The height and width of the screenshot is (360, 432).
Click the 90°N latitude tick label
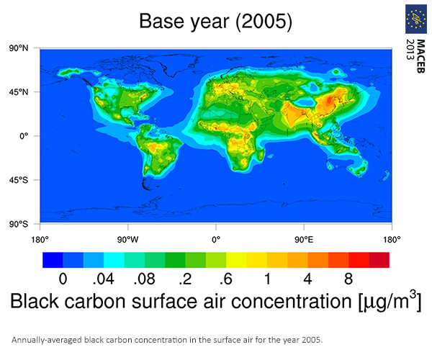coord(19,48)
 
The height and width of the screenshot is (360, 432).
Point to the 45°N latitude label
coord(19,92)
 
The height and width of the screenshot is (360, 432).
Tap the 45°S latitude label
coord(19,180)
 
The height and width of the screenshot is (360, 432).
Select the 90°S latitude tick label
coord(19,224)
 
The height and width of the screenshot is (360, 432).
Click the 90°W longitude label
coord(128,240)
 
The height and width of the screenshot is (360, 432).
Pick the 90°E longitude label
coord(304,240)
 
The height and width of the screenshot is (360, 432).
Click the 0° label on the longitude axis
coord(216,240)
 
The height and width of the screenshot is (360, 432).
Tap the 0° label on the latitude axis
coord(24,136)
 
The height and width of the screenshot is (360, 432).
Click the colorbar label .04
coord(103,279)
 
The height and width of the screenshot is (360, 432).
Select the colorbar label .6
coord(226,279)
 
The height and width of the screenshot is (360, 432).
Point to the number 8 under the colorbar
coord(348,279)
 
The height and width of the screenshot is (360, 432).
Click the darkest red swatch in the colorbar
coord(379,260)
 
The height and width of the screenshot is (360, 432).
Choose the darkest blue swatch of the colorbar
coord(53,260)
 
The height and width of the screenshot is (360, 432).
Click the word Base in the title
coord(161,21)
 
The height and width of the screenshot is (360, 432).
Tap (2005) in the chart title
coord(264,22)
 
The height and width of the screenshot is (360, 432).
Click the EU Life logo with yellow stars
coord(416,19)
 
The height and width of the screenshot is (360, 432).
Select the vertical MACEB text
coord(420,56)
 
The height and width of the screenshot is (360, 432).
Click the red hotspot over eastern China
coord(329,99)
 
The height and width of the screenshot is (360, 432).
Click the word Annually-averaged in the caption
coord(47,340)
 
